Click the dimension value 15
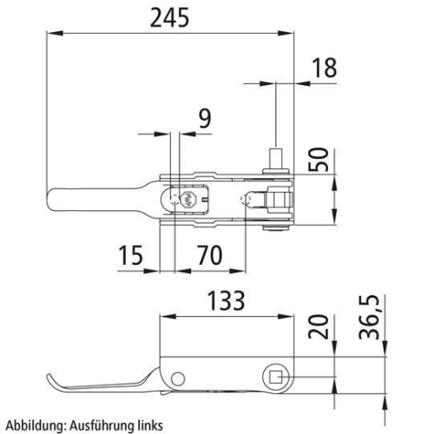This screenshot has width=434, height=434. click(131, 255)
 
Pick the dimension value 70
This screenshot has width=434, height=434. click(210, 255)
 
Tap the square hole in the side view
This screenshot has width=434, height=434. click(273, 377)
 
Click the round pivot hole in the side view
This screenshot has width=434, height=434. click(178, 378)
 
